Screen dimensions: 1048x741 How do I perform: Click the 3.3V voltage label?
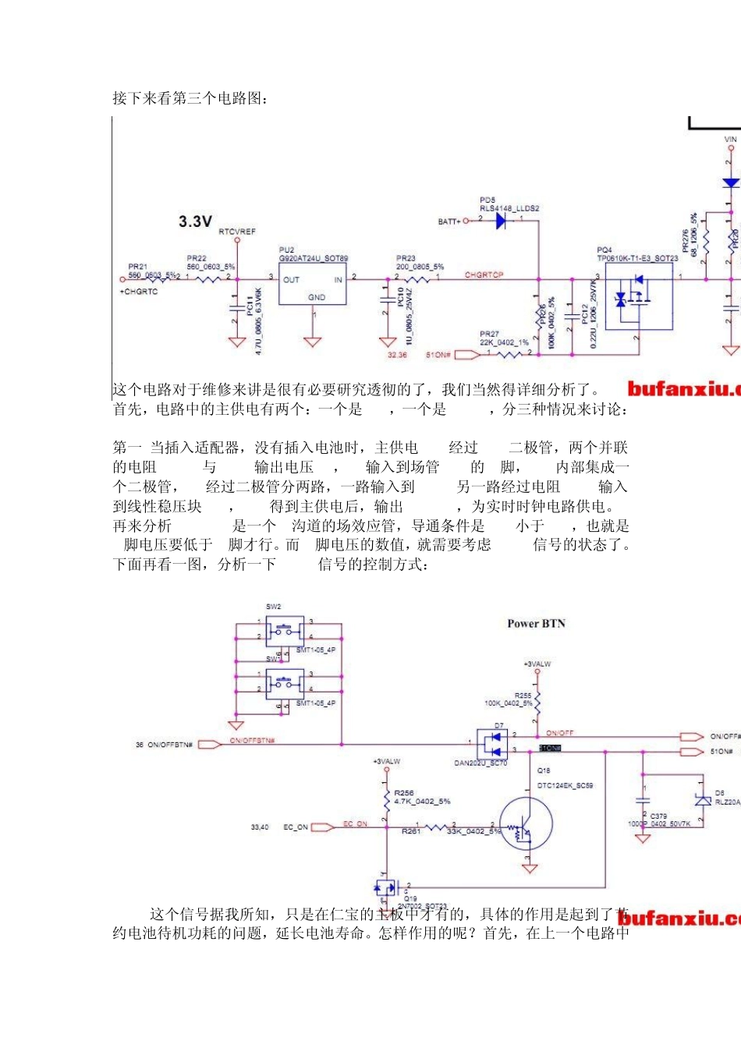point(195,221)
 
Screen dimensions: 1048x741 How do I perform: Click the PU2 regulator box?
point(313,284)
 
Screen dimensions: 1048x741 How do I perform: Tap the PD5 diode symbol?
point(500,221)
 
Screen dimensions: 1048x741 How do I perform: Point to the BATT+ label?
point(448,221)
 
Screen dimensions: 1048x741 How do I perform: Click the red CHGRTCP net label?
point(484,275)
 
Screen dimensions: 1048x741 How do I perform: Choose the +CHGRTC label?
point(139,292)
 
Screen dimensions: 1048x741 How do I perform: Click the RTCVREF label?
point(237,232)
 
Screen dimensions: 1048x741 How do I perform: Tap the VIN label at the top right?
point(730,140)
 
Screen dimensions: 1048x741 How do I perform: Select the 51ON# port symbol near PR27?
point(466,355)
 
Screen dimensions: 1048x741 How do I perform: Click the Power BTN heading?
point(536,624)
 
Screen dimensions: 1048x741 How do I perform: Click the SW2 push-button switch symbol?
point(285,628)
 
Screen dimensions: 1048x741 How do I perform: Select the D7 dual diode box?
point(492,743)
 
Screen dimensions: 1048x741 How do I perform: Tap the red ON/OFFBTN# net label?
point(252,741)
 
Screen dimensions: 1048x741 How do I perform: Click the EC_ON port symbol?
point(322,827)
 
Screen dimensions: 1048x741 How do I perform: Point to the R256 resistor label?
point(404,793)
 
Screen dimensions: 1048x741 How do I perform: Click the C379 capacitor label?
point(658,816)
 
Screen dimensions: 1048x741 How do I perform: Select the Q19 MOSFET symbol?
point(386,887)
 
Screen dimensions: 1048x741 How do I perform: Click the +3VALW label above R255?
point(537,664)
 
